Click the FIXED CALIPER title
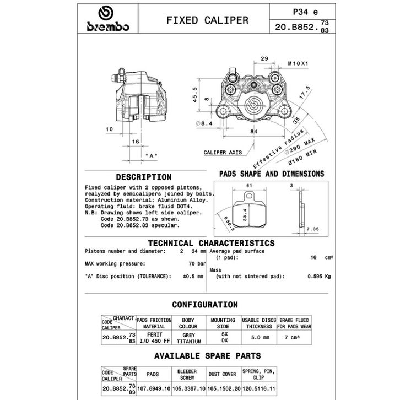207,20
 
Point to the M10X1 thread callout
299,63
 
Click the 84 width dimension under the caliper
253,131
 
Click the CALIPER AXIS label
223,152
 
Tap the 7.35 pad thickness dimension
313,228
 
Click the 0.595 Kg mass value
319,277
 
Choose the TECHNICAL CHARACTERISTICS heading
211,243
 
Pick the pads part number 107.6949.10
153,388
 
